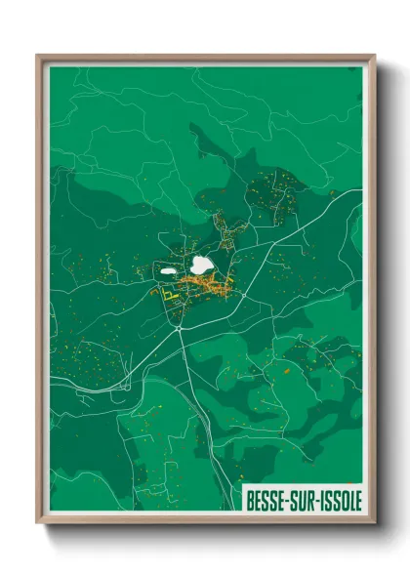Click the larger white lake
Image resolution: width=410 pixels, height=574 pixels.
pos(203,265)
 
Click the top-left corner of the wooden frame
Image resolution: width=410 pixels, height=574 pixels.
pos(38,56)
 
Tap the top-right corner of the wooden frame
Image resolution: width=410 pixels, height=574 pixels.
pos(374,56)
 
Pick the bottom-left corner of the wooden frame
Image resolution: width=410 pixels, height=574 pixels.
pos(38,525)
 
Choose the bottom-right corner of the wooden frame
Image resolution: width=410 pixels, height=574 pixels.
pos(374,525)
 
